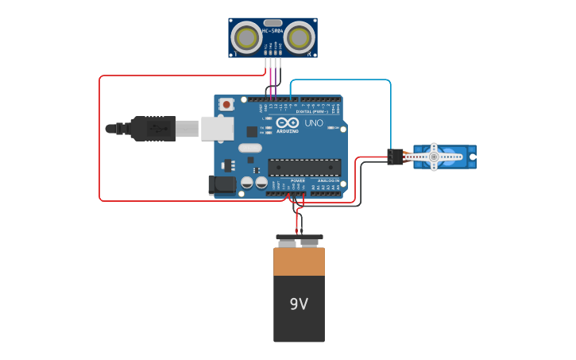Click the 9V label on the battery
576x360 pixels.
point(299,304)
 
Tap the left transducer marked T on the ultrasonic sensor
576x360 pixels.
point(248,37)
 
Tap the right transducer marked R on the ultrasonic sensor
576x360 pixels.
point(299,37)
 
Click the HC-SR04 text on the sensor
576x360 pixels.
point(273,31)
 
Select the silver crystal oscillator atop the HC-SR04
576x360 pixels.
point(273,23)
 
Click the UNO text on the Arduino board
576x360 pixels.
point(314,123)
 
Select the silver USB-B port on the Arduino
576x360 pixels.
point(216,128)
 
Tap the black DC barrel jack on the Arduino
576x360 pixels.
point(222,185)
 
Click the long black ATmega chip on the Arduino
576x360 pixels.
point(304,167)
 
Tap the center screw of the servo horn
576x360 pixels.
point(434,157)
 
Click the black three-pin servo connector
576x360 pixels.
point(395,157)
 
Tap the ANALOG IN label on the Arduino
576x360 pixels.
point(328,181)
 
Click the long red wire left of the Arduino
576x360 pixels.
point(99,139)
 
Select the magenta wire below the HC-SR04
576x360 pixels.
point(271,76)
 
